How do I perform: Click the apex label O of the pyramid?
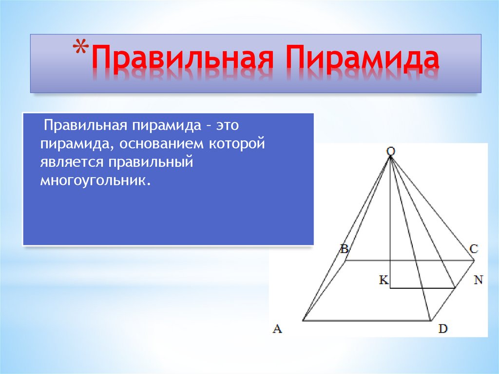391,152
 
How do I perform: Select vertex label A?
277,329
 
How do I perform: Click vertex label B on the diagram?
344,249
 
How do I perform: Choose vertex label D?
442,329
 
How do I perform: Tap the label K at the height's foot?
383,280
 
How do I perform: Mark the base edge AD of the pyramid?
365,320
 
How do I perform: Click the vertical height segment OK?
391,219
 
